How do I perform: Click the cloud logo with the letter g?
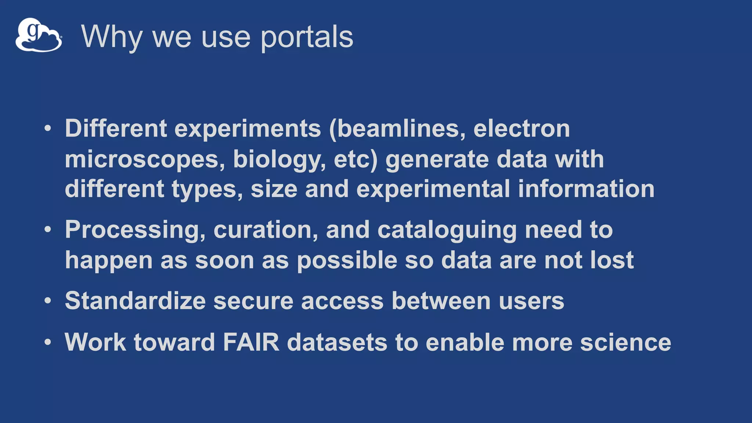point(39,35)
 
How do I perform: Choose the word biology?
point(279,159)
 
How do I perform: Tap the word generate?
point(437,159)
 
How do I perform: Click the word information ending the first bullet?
point(586,189)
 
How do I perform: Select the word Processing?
point(135,230)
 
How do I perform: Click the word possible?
point(347,260)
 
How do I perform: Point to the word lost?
point(612,260)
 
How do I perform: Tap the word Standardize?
point(135,301)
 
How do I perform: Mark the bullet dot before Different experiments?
point(48,129)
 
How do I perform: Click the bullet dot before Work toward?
point(48,342)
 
